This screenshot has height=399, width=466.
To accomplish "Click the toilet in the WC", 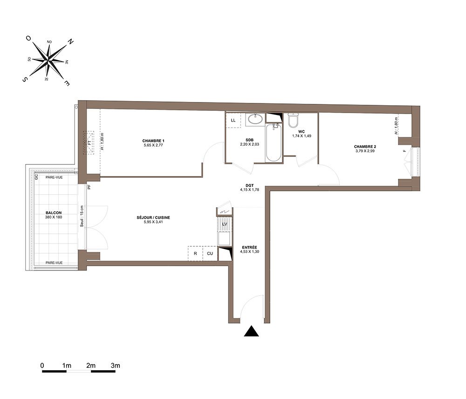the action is (293, 120).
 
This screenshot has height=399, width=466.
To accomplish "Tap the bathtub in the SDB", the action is (274, 143).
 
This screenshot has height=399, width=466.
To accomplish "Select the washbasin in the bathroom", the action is (255, 119).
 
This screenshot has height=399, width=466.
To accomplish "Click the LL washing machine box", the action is (233, 120).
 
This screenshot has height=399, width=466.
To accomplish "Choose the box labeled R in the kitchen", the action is (195, 254).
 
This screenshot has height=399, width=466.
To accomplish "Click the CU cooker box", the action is (210, 254).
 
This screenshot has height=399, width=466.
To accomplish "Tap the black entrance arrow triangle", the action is (252, 331).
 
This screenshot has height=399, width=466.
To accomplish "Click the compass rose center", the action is (48, 61).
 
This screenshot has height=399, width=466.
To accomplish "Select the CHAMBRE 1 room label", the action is (153, 141).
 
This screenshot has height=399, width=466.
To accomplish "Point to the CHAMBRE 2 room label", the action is (365, 147).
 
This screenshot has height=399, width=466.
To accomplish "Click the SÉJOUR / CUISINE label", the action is (153, 217).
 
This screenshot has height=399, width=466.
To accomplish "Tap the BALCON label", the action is (54, 213).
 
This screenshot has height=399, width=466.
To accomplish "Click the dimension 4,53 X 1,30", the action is (250, 251).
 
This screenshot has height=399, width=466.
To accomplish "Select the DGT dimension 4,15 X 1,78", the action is (250, 189).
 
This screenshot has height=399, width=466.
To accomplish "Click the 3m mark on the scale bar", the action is (115, 365).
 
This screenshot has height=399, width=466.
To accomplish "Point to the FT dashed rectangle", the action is (89, 143).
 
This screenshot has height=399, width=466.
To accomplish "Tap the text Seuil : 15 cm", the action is (82, 216).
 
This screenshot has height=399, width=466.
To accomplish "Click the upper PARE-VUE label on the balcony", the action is (54, 177).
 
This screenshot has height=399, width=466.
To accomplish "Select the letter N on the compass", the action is (70, 41).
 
